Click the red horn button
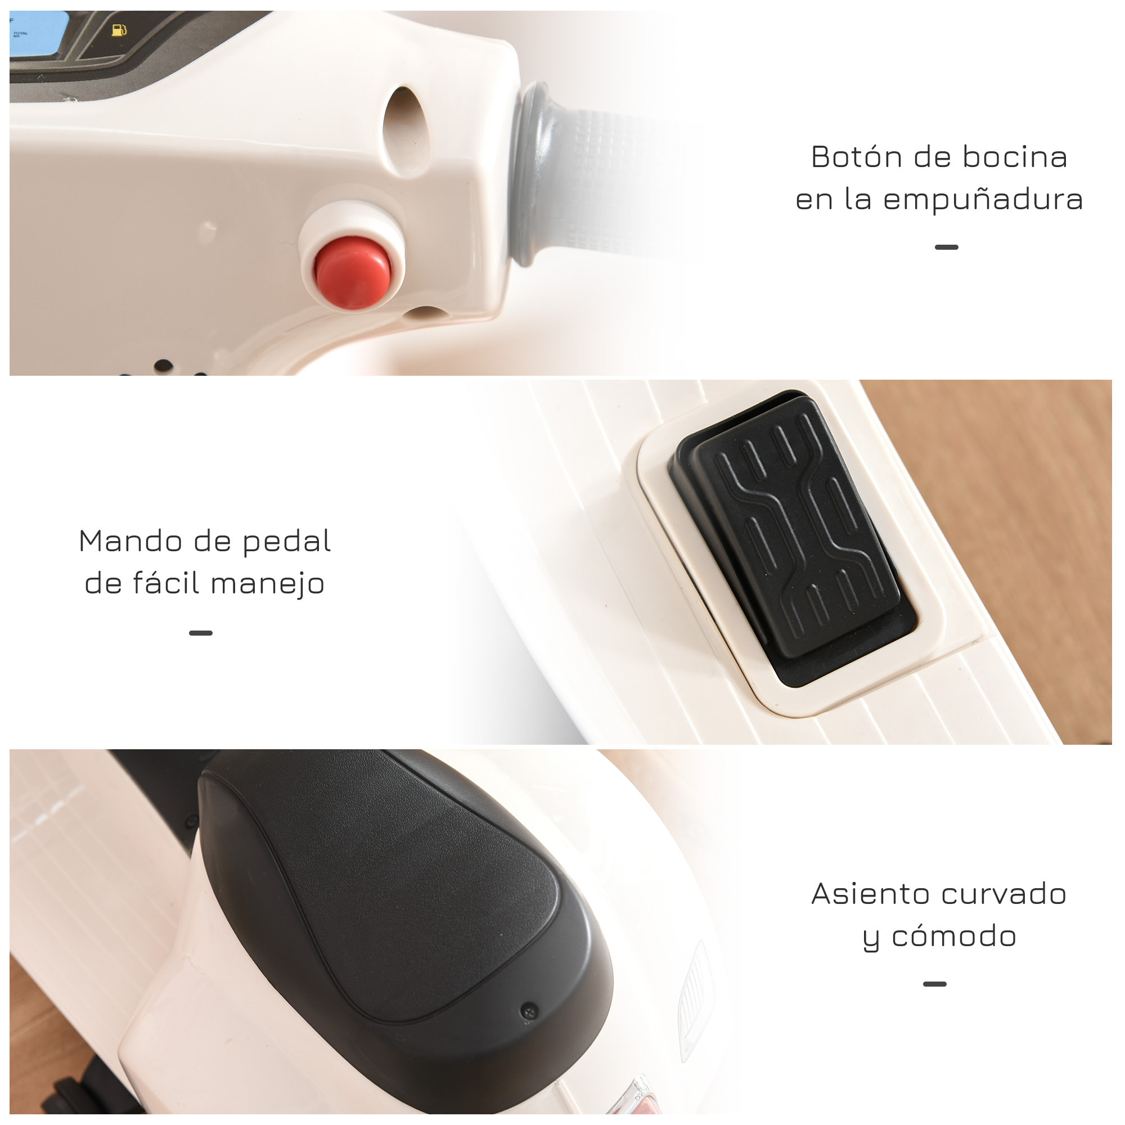click(x=353, y=272)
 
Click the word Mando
click(x=130, y=541)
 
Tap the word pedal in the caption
click(x=286, y=542)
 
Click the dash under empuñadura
click(x=946, y=247)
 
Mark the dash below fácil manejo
click(x=201, y=633)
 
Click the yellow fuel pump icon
click(x=119, y=29)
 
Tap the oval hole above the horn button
click(x=406, y=131)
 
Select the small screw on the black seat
click(x=529, y=1011)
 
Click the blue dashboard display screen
click(x=38, y=35)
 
